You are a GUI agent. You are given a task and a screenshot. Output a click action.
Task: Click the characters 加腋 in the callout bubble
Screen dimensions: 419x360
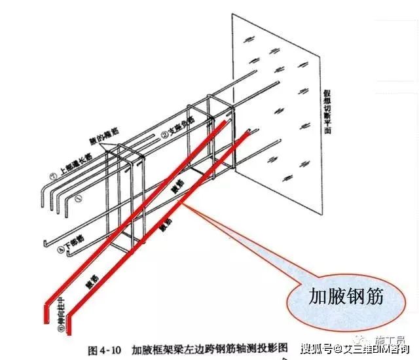coord(324,297)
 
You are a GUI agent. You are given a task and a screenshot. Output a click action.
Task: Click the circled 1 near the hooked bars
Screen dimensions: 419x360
coord(78,196)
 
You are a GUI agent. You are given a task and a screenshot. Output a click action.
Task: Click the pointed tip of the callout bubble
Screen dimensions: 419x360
coord(185,204)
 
